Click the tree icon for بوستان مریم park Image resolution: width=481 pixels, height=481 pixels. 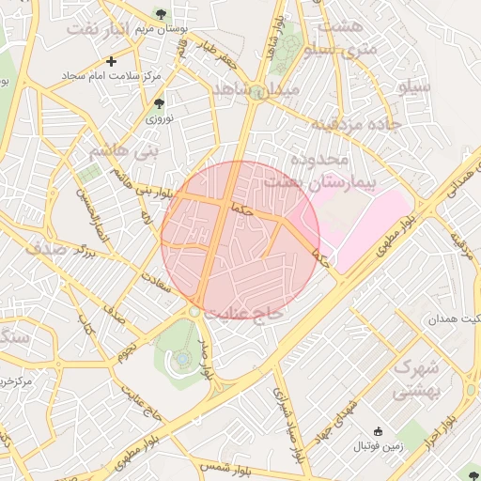pyautogui.click(x=163, y=13)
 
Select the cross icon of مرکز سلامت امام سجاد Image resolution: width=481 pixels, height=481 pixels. pyautogui.click(x=112, y=62)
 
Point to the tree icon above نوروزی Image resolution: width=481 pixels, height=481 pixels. pyautogui.click(x=158, y=102)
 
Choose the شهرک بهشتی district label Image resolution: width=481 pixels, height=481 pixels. pyautogui.click(x=415, y=378)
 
